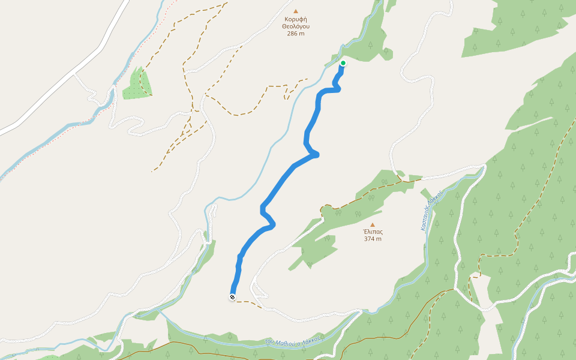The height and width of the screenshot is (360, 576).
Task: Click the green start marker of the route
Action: pos(343,63)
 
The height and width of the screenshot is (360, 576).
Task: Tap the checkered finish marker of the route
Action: pos(232,297)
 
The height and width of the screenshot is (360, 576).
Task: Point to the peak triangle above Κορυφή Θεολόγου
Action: pos(295,11)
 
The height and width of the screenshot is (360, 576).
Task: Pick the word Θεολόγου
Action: pos(295,26)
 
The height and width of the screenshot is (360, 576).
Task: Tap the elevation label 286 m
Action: pos(295,34)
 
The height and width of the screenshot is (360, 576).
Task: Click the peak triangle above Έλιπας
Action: pos(373,224)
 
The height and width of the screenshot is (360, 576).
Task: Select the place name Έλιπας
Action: pos(373,232)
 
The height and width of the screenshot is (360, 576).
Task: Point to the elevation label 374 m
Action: pos(373,239)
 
